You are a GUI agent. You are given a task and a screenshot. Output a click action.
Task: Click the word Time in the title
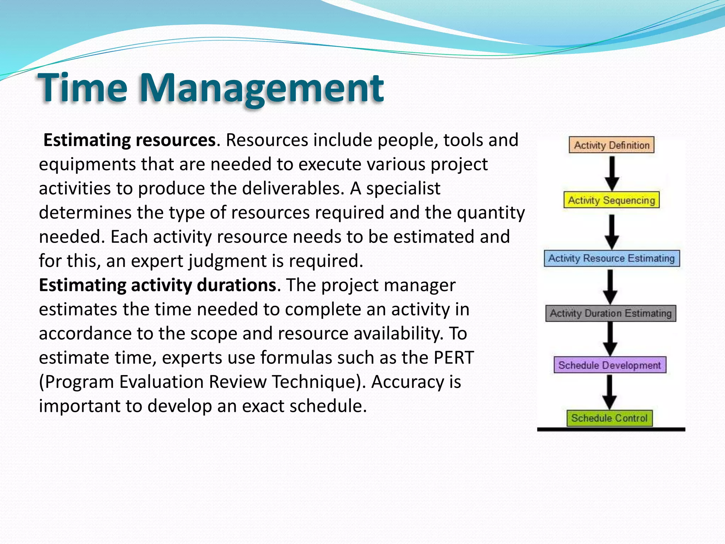[x=82, y=87]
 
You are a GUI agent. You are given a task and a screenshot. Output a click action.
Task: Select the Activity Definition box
[x=611, y=145]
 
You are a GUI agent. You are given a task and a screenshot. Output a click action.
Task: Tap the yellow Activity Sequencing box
[x=611, y=200]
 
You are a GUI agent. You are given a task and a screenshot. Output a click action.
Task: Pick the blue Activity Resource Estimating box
[x=611, y=258]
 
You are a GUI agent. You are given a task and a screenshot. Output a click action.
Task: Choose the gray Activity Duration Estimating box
[x=610, y=313]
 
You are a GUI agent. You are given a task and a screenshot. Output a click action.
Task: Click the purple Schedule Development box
[x=610, y=365]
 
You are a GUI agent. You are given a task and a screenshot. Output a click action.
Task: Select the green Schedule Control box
[x=609, y=418]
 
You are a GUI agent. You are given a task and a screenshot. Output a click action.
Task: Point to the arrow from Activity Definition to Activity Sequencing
[x=612, y=173]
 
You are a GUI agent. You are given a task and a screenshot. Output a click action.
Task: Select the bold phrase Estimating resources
[x=129, y=140]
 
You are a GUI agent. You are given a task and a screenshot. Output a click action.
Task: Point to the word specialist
[x=403, y=188]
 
